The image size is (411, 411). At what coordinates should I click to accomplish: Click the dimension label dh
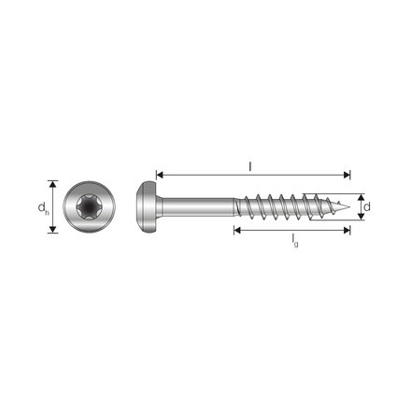[x=43, y=208]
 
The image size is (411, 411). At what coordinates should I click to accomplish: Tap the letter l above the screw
[x=250, y=166]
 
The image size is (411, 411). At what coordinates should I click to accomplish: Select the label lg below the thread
[x=294, y=241]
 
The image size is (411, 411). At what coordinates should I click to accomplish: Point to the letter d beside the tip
[x=367, y=206]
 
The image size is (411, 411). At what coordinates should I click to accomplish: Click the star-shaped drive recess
[x=89, y=206]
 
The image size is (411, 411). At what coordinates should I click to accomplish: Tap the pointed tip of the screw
[x=348, y=206]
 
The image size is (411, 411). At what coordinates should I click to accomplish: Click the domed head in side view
[x=147, y=206]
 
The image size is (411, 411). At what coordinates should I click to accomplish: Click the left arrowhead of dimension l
[x=160, y=175]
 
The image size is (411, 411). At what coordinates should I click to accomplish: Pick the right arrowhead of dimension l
[x=347, y=175]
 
